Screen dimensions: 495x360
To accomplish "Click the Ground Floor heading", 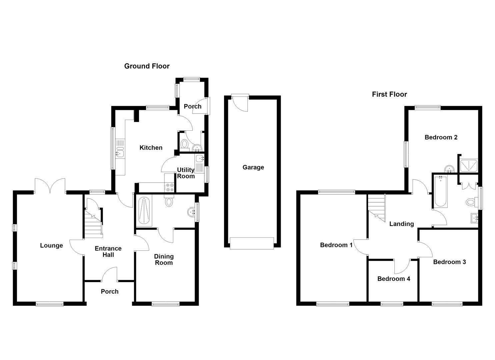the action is tap(147, 66).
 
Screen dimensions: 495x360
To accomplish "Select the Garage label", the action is tap(253, 167).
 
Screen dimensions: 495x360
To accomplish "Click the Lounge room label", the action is tap(51, 245).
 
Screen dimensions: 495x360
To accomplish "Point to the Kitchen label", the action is tap(151, 148).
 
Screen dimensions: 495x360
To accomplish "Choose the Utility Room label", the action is tap(186, 173).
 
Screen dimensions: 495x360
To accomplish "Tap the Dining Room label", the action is tap(164, 259).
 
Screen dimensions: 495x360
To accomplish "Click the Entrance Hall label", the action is tap(108, 251).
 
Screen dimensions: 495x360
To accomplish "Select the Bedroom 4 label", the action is tap(394, 279).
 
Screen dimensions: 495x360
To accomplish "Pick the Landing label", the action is tap(402, 224).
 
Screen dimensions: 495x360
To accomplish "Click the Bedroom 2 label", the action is tap(441, 137).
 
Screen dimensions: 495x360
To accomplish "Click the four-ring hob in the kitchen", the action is tap(170, 187).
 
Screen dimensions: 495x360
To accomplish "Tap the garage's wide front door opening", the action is tap(252, 243).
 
